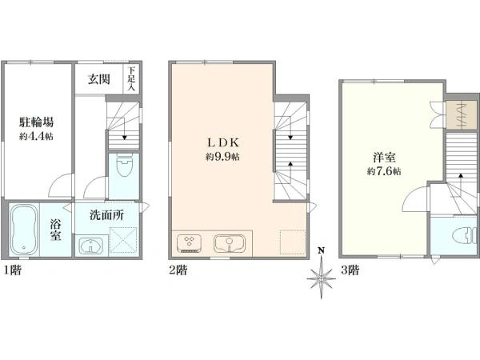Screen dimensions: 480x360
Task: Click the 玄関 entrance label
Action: pyautogui.click(x=99, y=79)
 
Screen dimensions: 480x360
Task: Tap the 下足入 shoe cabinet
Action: pyautogui.click(x=131, y=78)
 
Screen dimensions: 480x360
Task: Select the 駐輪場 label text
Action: pyautogui.click(x=37, y=122)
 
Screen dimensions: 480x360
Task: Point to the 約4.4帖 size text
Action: pyautogui.click(x=36, y=136)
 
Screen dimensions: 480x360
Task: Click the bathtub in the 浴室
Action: pyautogui.click(x=24, y=230)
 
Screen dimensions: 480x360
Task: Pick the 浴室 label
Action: pyautogui.click(x=56, y=230)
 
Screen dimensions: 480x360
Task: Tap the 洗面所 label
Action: pyautogui.click(x=106, y=215)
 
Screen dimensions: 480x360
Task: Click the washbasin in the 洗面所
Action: pyautogui.click(x=91, y=246)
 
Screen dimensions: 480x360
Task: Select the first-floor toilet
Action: pyautogui.click(x=124, y=166)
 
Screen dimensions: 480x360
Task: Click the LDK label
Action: pyautogui.click(x=222, y=142)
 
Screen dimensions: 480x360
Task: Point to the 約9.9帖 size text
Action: pyautogui.click(x=222, y=157)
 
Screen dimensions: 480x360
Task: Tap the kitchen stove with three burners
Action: pyautogui.click(x=189, y=243)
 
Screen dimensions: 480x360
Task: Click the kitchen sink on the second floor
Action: pyautogui.click(x=230, y=244)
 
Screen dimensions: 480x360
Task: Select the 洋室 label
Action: pyautogui.click(x=384, y=158)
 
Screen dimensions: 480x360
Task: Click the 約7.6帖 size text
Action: pyautogui.click(x=384, y=171)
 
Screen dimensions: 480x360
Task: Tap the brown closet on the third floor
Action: pyautogui.click(x=461, y=115)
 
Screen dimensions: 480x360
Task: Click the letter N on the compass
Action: pyautogui.click(x=321, y=251)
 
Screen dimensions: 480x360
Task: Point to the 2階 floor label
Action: pyautogui.click(x=178, y=270)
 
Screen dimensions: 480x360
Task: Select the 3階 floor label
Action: pyautogui.click(x=350, y=270)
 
